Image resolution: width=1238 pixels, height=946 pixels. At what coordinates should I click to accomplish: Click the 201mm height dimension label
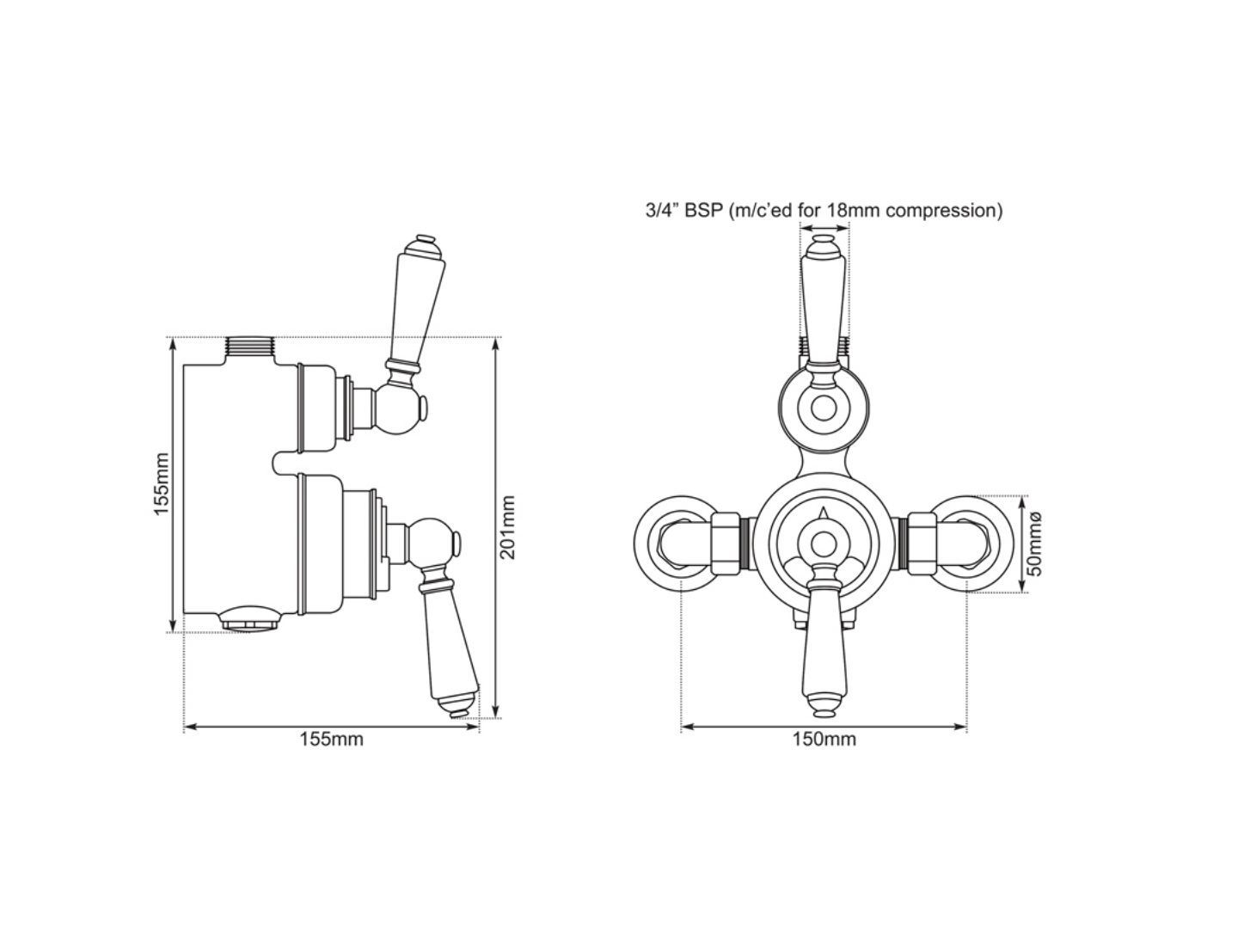point(508,527)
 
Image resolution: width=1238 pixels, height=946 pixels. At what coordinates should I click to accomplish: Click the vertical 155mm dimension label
point(162,485)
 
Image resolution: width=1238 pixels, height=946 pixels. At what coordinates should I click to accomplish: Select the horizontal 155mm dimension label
point(331,740)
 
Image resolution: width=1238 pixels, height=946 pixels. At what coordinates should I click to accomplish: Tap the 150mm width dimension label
point(824,740)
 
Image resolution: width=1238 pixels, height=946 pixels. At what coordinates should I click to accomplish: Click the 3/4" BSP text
point(684,211)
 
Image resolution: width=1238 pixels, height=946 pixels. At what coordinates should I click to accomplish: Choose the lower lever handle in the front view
point(824,654)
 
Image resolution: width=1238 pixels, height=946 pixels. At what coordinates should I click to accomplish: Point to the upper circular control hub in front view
point(824,408)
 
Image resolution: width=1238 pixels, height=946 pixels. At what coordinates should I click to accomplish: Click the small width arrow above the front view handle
point(824,230)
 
